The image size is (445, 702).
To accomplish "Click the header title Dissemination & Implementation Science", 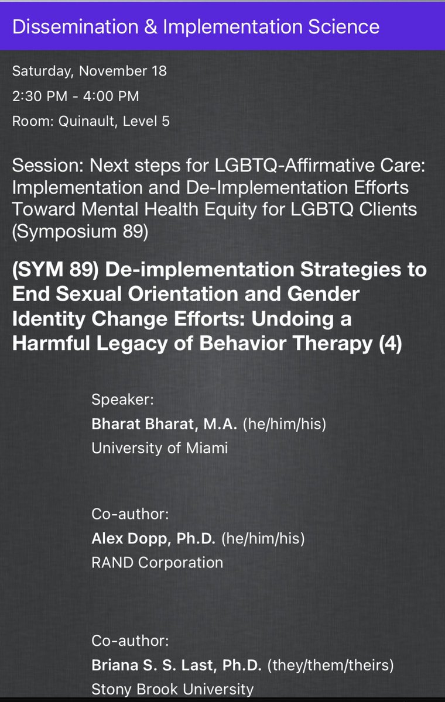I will tap(196, 27).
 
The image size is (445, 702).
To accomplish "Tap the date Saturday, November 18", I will tap(89, 71).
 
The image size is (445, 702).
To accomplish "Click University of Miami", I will tap(159, 448).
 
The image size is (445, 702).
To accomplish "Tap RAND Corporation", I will tap(157, 563).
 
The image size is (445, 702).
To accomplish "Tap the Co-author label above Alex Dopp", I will tap(130, 514).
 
